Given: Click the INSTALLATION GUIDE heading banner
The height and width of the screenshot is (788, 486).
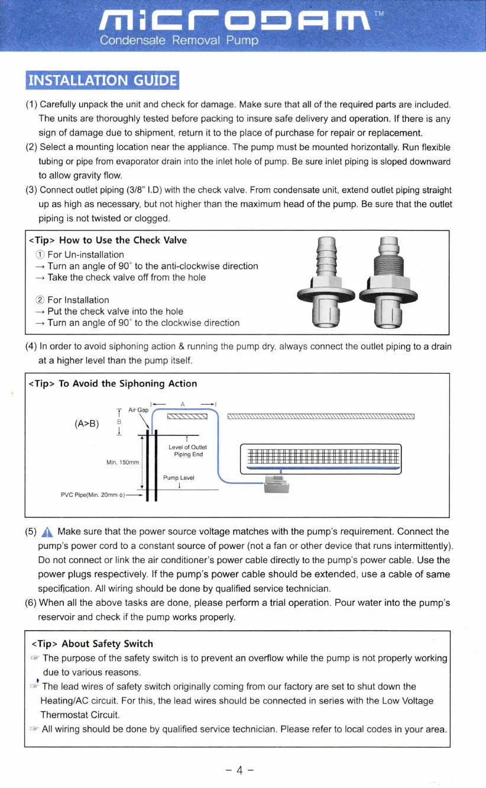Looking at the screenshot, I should [101, 80].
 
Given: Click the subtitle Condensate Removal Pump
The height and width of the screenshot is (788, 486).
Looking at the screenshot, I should [179, 41].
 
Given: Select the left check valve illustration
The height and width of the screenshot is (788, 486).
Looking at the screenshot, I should [326, 283].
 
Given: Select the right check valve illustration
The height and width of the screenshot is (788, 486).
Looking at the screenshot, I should [388, 283].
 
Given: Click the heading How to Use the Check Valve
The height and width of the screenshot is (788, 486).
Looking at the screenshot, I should [108, 240].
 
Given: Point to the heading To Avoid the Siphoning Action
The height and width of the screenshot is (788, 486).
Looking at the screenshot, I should [114, 383].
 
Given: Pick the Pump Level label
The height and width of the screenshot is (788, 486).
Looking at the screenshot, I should [179, 477].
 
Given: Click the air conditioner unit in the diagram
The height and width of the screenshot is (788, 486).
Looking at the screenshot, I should [320, 458].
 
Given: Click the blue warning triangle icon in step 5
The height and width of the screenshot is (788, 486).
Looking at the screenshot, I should [48, 532].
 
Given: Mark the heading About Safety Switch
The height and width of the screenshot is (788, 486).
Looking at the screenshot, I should [92, 644].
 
